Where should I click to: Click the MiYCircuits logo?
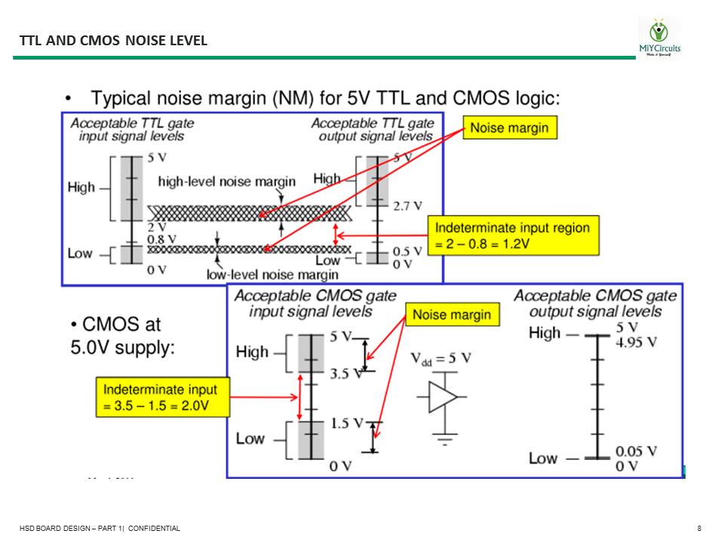pos(659,38)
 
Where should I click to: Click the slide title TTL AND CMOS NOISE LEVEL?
pos(113,40)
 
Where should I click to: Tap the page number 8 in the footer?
pos(700,529)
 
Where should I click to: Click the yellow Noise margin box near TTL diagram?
pos(510,128)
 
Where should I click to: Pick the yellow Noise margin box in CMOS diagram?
pos(452,314)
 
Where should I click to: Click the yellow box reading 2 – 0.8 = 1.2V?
pos(513,236)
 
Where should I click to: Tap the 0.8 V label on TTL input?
pos(161,239)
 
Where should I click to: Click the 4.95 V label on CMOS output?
pos(636,341)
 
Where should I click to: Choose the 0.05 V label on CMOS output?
pos(636,451)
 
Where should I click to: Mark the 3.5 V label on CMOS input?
pos(346,373)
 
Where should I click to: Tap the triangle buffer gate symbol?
pos(443,397)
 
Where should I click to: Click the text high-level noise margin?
pos(226,181)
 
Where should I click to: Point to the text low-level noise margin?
pos(272,275)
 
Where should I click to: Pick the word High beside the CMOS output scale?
pos(545,333)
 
